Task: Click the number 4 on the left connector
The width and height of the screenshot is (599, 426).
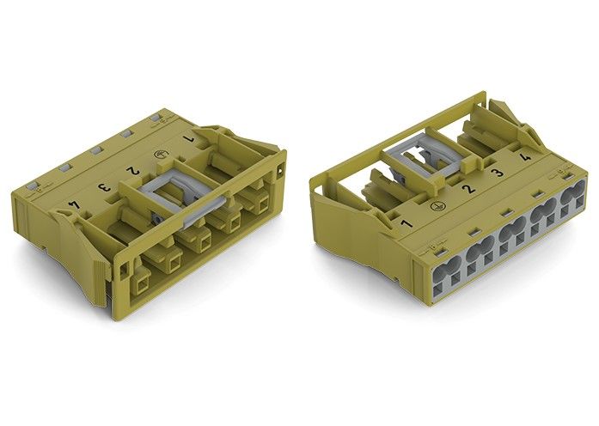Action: point(74,205)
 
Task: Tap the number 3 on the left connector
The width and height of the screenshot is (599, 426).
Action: point(103,187)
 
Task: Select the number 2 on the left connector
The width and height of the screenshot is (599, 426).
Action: point(134,170)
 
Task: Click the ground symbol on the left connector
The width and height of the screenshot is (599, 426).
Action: point(158,155)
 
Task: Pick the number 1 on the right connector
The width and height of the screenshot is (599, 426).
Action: point(406,223)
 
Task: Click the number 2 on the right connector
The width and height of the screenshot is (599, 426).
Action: point(468,189)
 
